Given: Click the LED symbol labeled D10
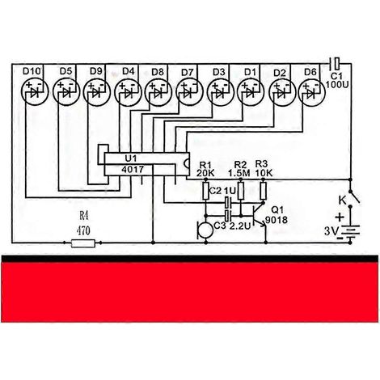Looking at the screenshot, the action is tap(35, 93).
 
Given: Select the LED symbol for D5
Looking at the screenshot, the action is tap(66, 93).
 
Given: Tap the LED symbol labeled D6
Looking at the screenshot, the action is tap(311, 93).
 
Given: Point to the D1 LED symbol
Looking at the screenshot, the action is tap(251, 93).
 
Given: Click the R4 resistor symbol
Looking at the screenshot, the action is tap(83, 243).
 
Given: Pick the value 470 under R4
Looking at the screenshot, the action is tap(83, 230).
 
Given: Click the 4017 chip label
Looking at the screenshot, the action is tap(133, 170).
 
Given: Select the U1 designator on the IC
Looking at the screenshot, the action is tap(131, 158).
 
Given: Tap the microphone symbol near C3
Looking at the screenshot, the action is tap(205, 230).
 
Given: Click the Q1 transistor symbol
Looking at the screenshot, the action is tap(260, 216).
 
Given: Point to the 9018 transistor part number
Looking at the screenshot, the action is tap(277, 220).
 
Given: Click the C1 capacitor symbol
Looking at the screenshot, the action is tap(335, 64).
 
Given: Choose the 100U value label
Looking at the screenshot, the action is tap(337, 85).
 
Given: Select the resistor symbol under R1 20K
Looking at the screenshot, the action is tap(206, 191).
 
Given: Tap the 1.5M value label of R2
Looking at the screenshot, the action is tap(239, 173).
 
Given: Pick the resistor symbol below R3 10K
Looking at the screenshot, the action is tap(264, 191).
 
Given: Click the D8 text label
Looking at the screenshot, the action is tap(158, 72).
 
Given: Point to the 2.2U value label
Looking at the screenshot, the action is tap(240, 226).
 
